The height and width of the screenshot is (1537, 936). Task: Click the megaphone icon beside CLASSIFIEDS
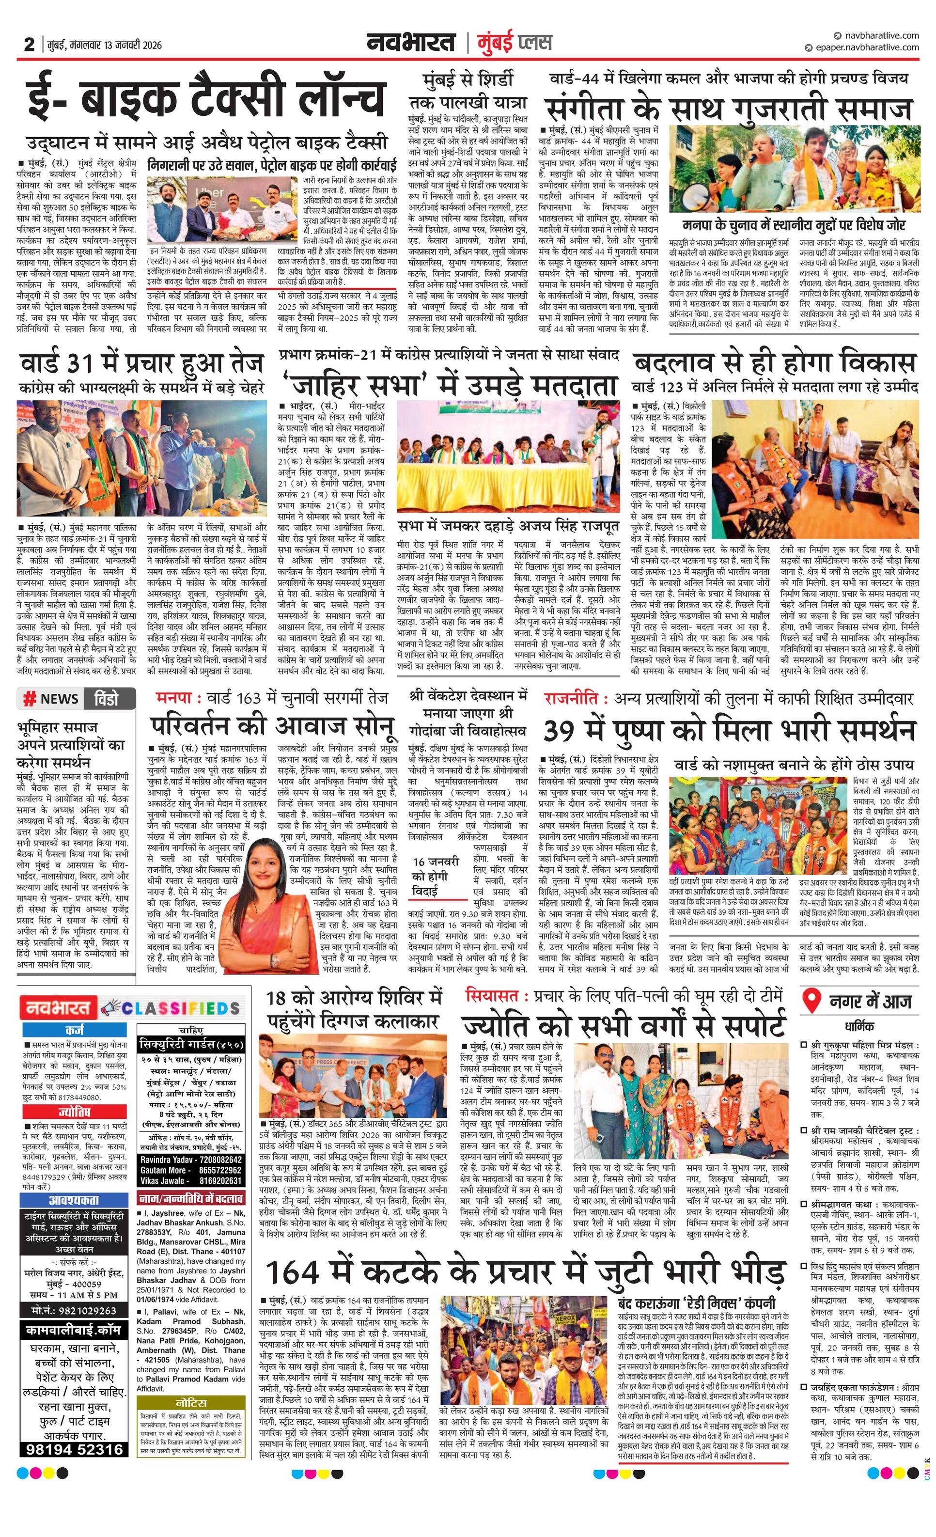click(110, 1007)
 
